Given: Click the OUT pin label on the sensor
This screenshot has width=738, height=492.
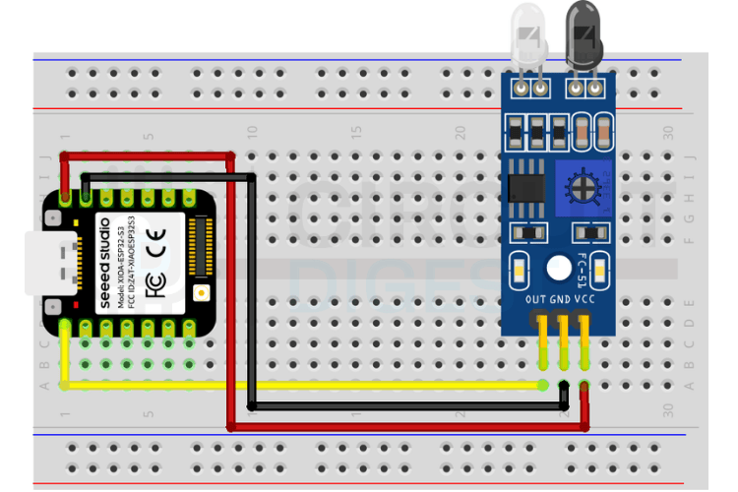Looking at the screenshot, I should coord(536,298).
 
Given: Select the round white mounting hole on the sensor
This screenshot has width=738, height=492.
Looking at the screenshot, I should coord(558,267).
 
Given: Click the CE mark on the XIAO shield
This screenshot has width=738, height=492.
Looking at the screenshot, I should coord(154,241).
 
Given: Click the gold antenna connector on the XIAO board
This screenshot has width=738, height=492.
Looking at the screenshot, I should coord(202,292).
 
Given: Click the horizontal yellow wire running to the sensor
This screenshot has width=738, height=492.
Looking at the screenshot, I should coord(295,385).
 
